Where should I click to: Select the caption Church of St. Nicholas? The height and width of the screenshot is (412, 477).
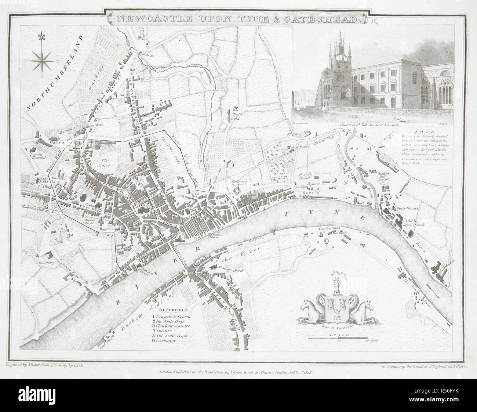point(363,125)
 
